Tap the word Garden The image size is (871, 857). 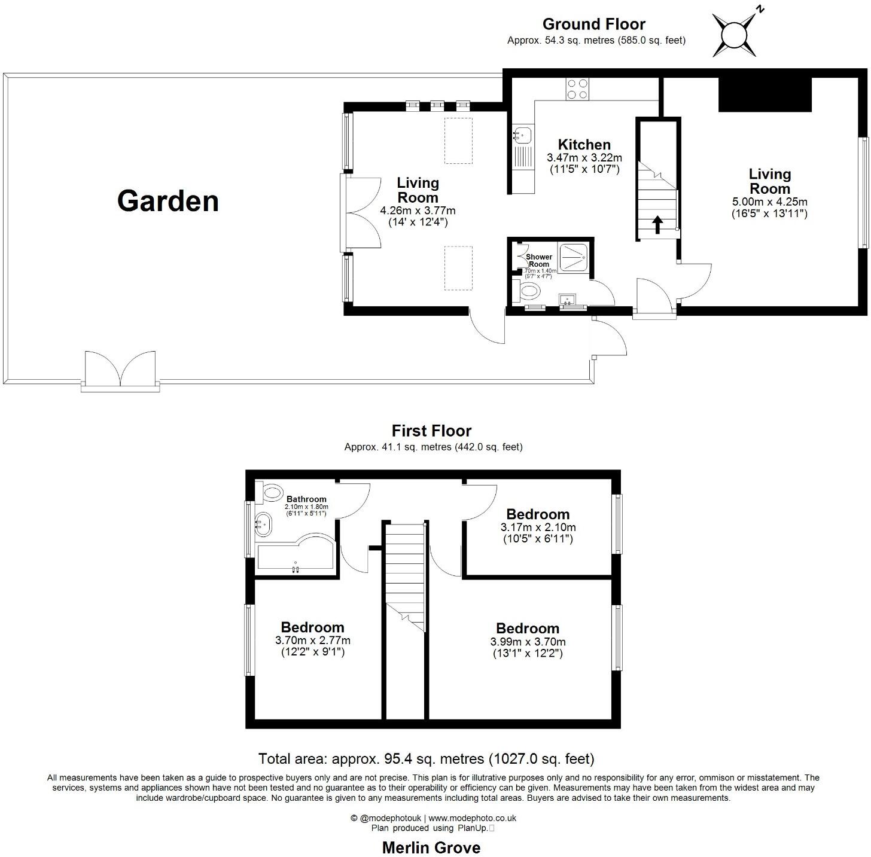pyautogui.click(x=168, y=201)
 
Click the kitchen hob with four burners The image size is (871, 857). pyautogui.click(x=577, y=89)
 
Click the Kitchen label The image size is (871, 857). pyautogui.click(x=584, y=145)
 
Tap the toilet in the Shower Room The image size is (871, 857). pyautogui.click(x=528, y=292)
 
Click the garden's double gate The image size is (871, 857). pyautogui.click(x=121, y=370)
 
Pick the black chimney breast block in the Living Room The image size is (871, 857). pyautogui.click(x=765, y=94)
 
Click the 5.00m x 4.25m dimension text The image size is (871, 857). pyautogui.click(x=769, y=202)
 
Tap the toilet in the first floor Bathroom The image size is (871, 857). pyautogui.click(x=272, y=493)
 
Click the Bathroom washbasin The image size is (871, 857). pyautogui.click(x=263, y=524)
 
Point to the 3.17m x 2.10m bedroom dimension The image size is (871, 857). pyautogui.click(x=538, y=527)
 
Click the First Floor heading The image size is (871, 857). pyautogui.click(x=431, y=431)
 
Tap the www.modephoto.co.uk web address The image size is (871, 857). pyautogui.click(x=472, y=818)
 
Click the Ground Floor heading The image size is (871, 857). pyautogui.click(x=593, y=25)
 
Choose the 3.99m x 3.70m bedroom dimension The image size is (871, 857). pyautogui.click(x=528, y=642)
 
